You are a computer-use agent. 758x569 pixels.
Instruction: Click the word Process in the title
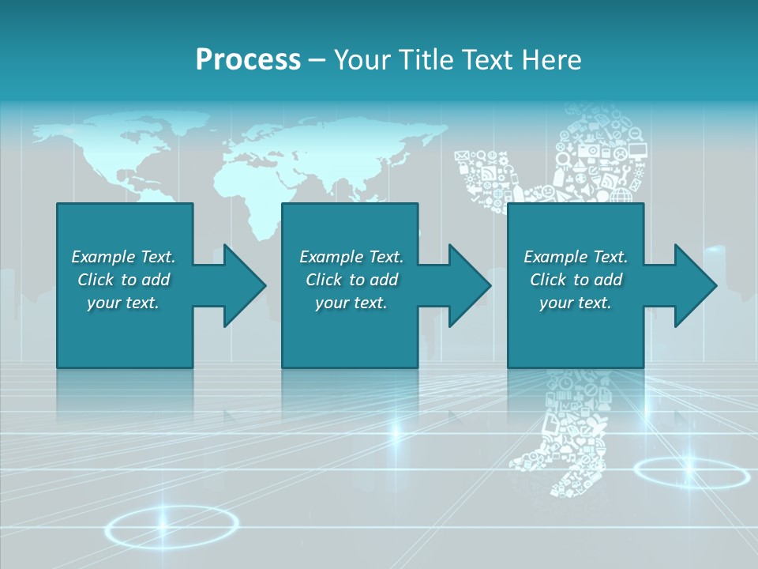(248, 59)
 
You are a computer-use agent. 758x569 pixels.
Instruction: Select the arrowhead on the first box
(241, 285)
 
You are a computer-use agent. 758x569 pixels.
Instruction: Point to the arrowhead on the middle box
(466, 285)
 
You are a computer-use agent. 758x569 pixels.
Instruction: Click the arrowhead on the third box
(692, 285)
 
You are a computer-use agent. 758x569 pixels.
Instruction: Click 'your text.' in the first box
(123, 303)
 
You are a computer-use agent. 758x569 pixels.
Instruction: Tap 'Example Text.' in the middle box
(351, 257)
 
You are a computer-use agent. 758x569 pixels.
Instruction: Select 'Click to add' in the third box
(576, 280)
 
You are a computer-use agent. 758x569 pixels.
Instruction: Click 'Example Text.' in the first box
(123, 257)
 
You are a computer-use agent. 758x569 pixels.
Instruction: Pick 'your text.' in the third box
(576, 303)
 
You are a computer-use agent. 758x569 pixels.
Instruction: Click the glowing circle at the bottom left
(172, 524)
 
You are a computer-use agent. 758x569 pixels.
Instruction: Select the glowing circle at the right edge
(691, 473)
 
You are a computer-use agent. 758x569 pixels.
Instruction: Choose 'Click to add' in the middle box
(351, 280)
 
